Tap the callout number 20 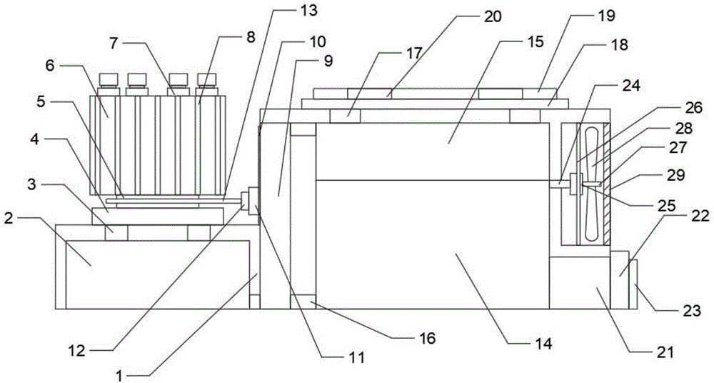coord(492,17)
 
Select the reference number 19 coord(606,16)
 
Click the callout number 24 coord(632,85)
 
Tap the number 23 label coord(690,311)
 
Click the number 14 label coord(543,343)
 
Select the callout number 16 coord(427,338)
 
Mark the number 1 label coord(119,375)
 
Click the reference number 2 coord(9,219)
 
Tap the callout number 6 coord(50,66)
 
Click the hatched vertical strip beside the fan coord(607,184)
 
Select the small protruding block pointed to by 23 coord(633,284)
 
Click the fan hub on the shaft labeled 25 coord(579,184)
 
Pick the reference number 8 coord(251,37)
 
